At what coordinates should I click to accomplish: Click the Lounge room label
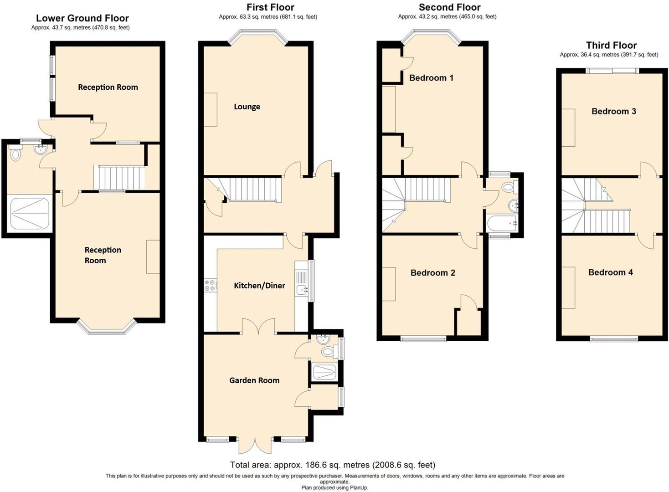[247, 107]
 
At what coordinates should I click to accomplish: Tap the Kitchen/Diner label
[259, 286]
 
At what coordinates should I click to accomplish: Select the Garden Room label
[254, 380]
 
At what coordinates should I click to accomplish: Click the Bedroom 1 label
[431, 78]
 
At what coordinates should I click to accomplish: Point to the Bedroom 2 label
[432, 273]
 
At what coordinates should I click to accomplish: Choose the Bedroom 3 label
[613, 112]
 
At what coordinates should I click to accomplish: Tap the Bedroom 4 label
[610, 272]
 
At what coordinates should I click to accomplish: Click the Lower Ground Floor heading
[82, 18]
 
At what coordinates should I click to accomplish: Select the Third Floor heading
[611, 45]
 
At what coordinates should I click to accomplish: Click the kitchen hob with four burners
[211, 286]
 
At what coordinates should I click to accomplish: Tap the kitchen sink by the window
[302, 289]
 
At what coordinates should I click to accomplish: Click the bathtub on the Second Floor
[501, 224]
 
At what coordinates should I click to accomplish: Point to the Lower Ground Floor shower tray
[30, 213]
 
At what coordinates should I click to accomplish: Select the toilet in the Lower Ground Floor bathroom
[16, 154]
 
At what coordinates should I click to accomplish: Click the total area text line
[332, 465]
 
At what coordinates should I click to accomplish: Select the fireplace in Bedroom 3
[568, 128]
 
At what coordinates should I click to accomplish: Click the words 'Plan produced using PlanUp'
[334, 487]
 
